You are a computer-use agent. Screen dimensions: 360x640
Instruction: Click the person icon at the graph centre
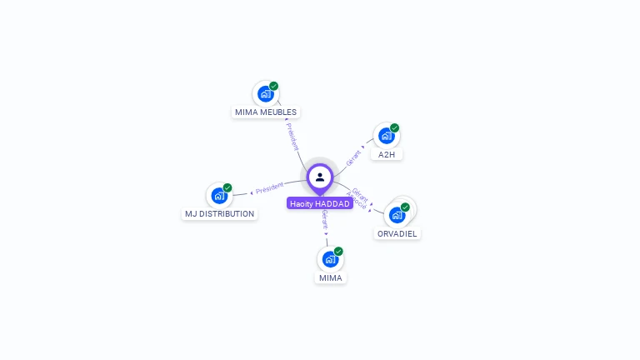[320, 177]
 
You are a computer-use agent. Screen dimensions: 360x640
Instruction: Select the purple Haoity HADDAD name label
[320, 203]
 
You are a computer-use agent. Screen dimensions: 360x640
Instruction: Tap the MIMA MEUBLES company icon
[265, 94]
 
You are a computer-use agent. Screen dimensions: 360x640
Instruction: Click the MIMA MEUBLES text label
[266, 112]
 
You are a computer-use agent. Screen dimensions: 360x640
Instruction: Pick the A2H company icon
[386, 136]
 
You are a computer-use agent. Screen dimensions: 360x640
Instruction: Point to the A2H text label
[387, 155]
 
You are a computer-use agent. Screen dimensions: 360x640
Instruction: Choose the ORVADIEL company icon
[397, 215]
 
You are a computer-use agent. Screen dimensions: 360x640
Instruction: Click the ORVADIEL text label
[397, 234]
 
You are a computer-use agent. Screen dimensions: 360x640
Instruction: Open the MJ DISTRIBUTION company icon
[219, 196]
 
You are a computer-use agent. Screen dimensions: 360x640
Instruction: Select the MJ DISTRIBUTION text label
[219, 214]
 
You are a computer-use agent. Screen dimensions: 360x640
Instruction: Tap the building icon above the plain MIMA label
[330, 259]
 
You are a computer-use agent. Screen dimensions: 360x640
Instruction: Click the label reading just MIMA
[331, 278]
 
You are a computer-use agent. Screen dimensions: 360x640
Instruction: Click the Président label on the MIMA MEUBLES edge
[292, 137]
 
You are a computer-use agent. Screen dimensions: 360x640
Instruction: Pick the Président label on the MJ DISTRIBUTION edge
[270, 188]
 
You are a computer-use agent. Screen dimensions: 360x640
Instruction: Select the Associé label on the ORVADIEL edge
[357, 200]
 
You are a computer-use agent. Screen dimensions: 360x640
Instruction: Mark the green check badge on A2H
[394, 127]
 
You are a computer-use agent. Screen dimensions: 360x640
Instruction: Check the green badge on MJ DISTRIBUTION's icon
[227, 187]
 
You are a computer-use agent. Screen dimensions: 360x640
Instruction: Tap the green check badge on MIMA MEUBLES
[273, 86]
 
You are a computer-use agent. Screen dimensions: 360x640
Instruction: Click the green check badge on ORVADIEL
[405, 207]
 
